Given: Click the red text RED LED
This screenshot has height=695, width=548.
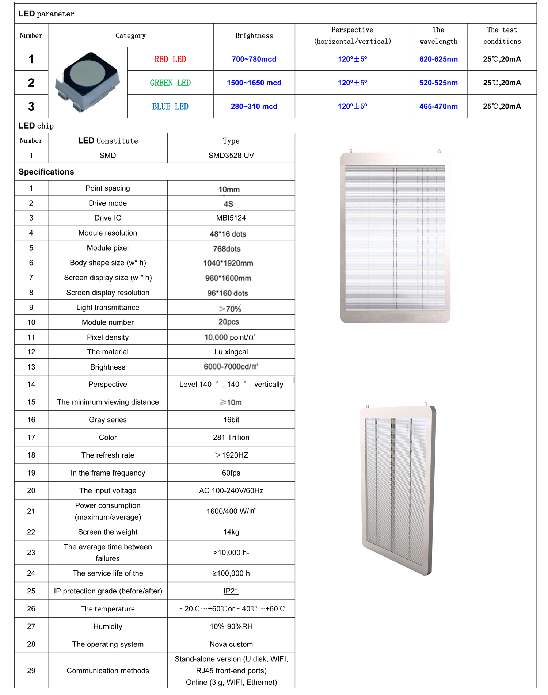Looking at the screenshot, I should click(170, 59).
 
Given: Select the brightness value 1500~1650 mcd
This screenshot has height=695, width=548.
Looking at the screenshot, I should click(254, 83).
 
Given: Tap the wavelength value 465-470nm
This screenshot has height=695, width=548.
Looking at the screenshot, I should click(438, 107).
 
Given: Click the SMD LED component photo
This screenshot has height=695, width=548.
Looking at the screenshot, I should click(88, 82).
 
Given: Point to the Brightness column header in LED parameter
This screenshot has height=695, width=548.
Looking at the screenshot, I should click(254, 36).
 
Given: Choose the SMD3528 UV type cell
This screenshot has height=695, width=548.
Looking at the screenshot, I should click(231, 156).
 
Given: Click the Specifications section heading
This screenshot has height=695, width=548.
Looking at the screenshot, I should click(46, 172).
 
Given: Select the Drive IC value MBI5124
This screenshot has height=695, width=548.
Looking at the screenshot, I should click(231, 218).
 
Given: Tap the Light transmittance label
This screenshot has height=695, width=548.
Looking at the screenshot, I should click(108, 308).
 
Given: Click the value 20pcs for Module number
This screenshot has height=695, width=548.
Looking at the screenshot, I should click(229, 322).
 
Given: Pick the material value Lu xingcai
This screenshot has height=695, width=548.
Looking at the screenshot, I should click(231, 352).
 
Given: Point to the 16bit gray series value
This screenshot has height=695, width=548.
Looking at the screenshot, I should click(231, 420).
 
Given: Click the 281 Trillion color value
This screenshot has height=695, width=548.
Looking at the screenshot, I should click(231, 438).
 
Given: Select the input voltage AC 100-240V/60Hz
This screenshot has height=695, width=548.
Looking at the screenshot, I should click(231, 490).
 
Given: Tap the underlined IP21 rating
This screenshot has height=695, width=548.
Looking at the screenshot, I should click(231, 591).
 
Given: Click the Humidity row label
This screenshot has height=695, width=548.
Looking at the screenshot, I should click(108, 626).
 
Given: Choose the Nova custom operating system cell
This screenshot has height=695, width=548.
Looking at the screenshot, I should click(231, 644).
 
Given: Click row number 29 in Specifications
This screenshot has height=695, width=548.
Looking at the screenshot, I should click(31, 671).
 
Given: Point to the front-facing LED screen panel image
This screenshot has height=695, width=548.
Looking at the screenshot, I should click(395, 237).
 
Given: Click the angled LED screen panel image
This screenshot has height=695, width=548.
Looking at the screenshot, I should click(398, 489).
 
